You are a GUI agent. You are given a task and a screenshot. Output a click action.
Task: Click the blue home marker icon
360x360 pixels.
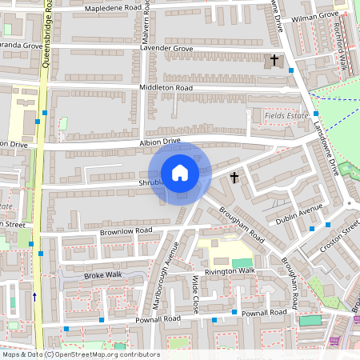click(180, 173)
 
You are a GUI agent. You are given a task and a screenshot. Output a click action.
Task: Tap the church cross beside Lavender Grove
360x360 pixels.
click(274, 60)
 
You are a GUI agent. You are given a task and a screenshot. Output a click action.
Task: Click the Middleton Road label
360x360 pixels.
click(166, 87)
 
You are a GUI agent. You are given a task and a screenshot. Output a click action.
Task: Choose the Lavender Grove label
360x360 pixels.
click(166, 49)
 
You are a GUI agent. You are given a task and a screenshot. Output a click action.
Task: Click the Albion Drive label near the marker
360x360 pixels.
click(160, 142)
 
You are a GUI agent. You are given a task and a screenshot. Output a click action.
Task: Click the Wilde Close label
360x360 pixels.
click(196, 294)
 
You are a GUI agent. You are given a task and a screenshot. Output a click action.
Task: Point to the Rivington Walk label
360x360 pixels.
click(229, 271)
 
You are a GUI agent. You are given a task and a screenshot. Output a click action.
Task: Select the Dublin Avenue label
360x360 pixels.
click(298, 212)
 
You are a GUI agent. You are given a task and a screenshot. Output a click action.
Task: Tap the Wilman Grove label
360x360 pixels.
click(315, 15)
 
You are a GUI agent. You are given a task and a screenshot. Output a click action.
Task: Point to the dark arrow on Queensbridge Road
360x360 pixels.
click(34, 296)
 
